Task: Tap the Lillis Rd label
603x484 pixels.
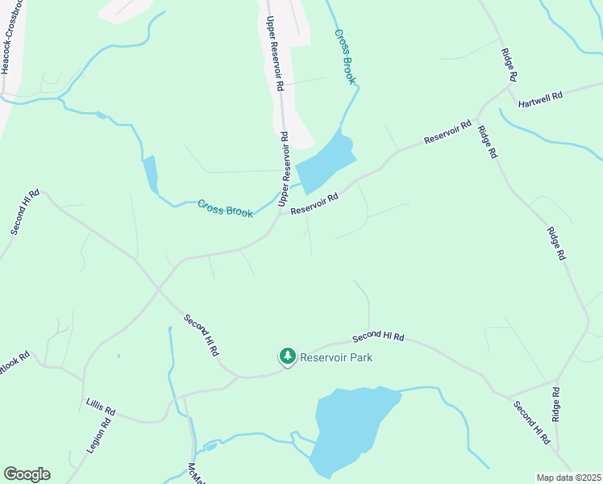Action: [101, 407]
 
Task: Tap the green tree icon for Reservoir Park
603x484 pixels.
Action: [287, 356]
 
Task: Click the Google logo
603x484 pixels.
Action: [27, 474]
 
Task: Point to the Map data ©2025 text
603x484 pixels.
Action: [568, 478]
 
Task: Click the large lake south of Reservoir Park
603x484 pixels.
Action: [351, 428]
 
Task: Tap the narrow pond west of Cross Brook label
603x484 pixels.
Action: [150, 173]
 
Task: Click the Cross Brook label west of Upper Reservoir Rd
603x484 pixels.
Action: [226, 208]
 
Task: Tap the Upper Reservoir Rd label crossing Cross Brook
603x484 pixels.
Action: [284, 170]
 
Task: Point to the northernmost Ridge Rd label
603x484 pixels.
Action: [509, 64]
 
